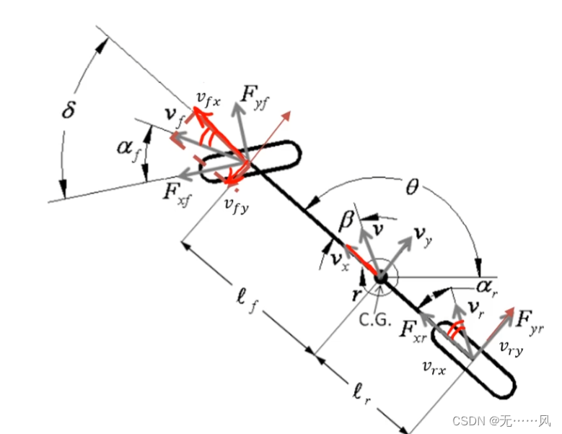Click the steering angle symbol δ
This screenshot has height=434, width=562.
pos(71,112)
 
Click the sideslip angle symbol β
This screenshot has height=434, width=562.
pos(346,221)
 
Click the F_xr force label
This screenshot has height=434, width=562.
pos(414,329)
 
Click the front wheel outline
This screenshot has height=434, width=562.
pos(250,161)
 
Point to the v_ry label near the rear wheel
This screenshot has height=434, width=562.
pos(511,347)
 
